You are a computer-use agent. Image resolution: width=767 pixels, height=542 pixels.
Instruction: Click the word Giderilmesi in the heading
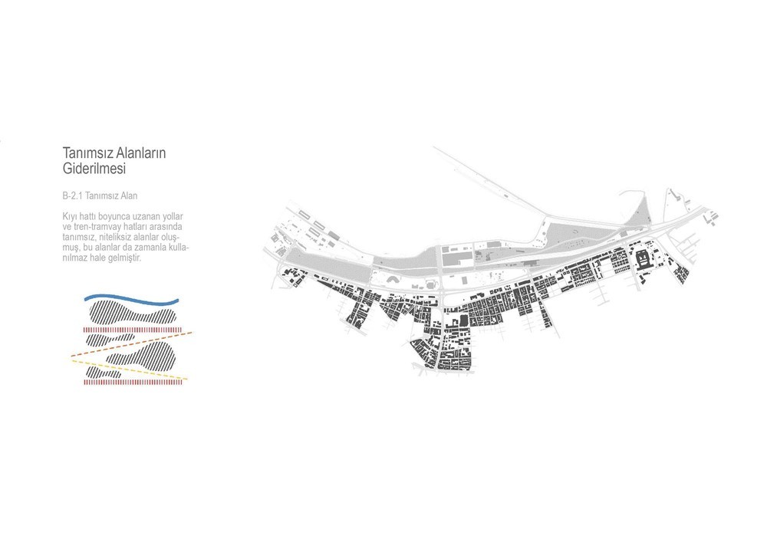point(94,169)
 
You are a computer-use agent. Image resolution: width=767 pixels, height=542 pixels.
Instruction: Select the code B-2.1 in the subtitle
point(72,196)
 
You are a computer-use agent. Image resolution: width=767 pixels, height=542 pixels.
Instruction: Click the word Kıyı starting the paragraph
point(70,217)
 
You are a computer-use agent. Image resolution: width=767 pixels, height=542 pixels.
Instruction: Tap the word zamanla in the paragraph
point(153,248)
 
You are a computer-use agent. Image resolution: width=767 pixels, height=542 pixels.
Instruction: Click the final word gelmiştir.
point(124,258)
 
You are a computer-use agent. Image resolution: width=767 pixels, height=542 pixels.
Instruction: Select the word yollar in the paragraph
point(173,217)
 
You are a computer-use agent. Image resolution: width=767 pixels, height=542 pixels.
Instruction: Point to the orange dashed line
point(131,343)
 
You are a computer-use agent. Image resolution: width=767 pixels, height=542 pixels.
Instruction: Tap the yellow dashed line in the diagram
point(130,370)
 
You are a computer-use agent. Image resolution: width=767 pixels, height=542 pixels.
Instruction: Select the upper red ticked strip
point(133,330)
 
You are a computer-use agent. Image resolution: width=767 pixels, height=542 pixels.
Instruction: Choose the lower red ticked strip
point(133,383)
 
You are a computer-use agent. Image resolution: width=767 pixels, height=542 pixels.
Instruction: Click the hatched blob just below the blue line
point(130,313)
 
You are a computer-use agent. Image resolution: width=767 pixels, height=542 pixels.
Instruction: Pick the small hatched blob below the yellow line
point(103,373)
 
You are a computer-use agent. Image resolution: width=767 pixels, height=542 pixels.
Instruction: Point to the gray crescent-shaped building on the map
point(393,281)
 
